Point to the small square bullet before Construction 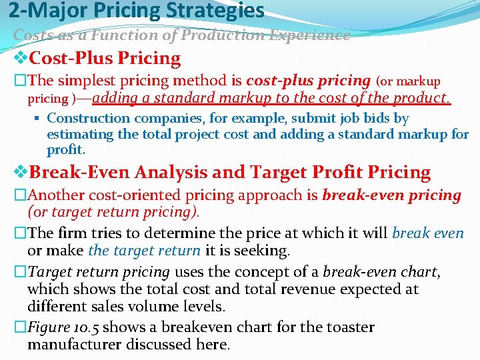[x=39, y=119]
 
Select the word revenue [x=255, y=289]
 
